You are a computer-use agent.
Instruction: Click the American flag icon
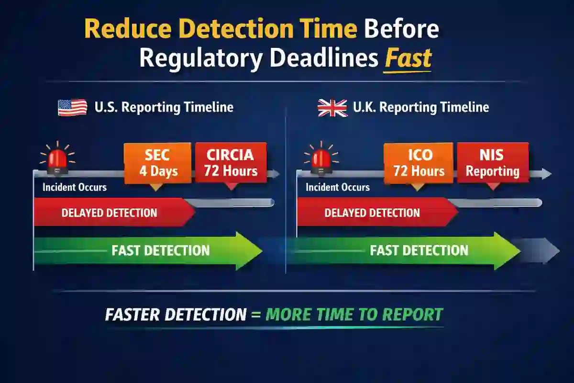coord(72,107)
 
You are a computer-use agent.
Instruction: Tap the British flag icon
coord(332,107)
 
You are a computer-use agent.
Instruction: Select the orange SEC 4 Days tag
coord(158,163)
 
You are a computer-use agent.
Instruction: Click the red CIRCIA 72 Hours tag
coord(231,163)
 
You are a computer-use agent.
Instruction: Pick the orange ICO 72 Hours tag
coord(419,163)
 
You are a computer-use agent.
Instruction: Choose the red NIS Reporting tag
coord(493,163)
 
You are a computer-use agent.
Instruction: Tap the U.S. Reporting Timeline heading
coord(164,107)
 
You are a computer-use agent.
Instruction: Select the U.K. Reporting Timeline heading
coord(421,107)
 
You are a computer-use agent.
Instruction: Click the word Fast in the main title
coord(408,58)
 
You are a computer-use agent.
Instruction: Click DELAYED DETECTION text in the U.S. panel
coord(109,213)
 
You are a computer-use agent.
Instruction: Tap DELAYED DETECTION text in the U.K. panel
coord(372,213)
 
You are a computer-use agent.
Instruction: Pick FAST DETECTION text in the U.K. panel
coord(419,250)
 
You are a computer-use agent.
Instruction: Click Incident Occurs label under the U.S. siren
coord(75,187)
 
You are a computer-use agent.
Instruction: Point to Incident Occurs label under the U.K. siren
coord(338,187)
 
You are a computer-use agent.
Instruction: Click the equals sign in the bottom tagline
coord(256,315)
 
